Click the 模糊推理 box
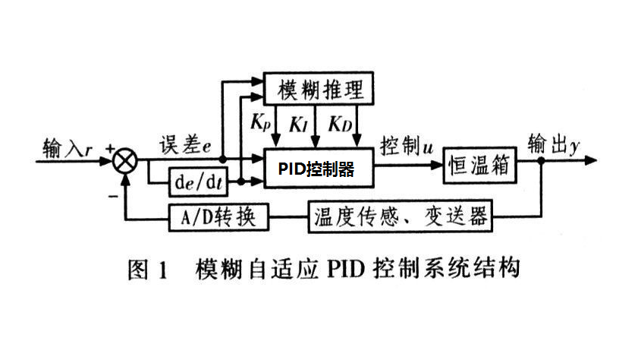pos(318,90)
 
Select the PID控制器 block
pos(318,168)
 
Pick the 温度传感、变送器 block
pos(400,218)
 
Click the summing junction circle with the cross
pos(125,161)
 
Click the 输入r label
pos(64,146)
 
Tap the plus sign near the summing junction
pos(111,149)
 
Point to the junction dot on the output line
pos(540,161)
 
